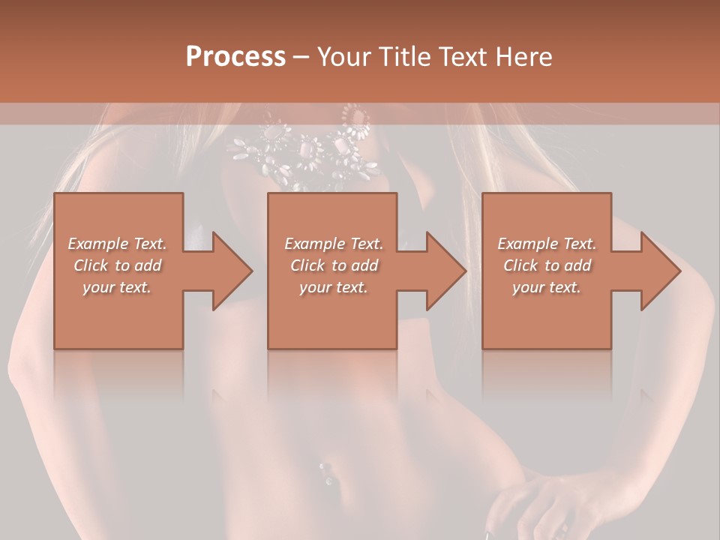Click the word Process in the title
coord(235,57)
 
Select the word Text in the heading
coord(461,57)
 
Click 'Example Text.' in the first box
coord(118,244)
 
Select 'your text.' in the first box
coord(118,287)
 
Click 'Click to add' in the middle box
coord(334,265)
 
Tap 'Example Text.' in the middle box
coord(334,244)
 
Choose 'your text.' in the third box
coord(547,287)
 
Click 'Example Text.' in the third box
coord(547,244)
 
